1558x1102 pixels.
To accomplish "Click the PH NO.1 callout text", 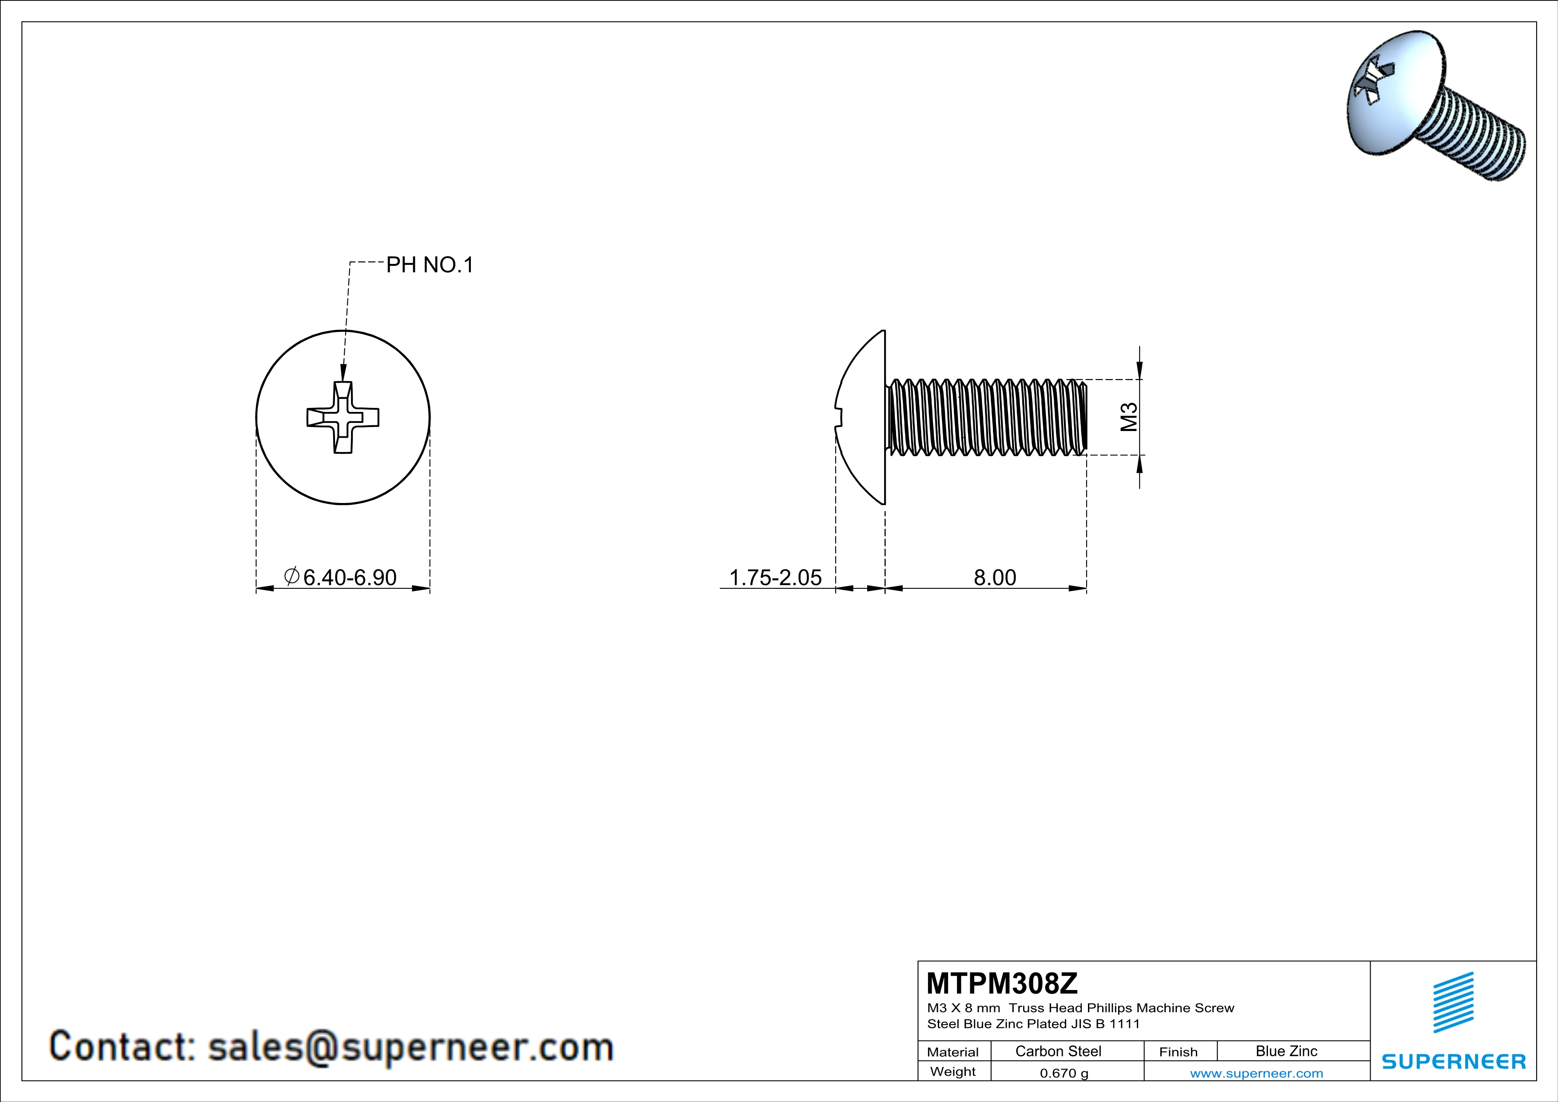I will (430, 265).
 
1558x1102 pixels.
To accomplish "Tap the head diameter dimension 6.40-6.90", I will (349, 578).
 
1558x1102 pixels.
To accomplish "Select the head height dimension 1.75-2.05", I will (775, 578).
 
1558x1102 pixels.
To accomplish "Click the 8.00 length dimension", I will (995, 578).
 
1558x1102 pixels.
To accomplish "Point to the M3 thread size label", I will (1128, 417).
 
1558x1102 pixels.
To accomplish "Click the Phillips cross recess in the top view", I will (343, 417).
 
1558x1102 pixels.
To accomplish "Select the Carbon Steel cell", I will (1058, 1051).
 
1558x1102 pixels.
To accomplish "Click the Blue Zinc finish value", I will (1286, 1051).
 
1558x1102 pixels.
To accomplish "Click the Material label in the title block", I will (953, 1052).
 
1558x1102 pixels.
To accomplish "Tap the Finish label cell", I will (1178, 1052).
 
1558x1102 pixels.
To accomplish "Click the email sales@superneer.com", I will (410, 1046).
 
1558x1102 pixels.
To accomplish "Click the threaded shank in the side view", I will (987, 417).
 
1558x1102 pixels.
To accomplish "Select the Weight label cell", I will (953, 1071).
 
